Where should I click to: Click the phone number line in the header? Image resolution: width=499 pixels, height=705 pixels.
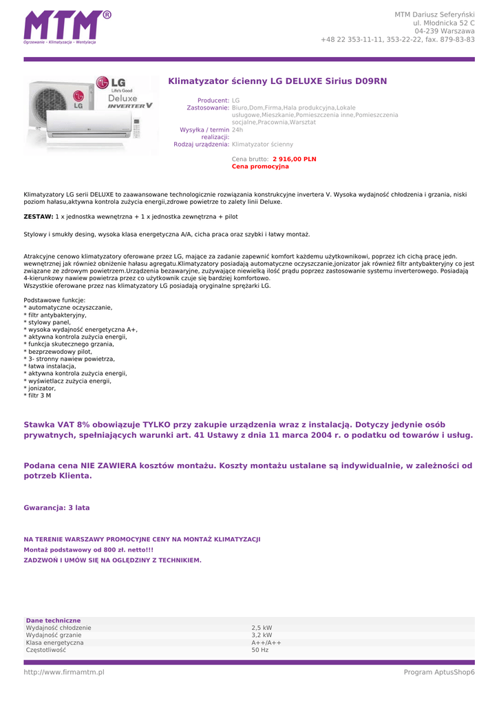397,39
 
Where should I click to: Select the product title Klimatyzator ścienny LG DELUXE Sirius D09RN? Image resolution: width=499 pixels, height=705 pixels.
277,81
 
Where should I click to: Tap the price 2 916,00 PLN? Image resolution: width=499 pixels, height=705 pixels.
294,159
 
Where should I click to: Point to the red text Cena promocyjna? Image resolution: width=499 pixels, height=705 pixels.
260,167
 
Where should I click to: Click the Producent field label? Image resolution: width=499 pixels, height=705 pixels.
213,101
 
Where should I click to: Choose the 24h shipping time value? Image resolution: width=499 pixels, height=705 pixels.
237,129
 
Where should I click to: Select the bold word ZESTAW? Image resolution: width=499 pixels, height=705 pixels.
38,217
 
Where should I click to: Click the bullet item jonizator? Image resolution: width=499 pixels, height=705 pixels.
41,388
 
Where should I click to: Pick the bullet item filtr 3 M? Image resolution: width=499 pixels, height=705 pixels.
39,396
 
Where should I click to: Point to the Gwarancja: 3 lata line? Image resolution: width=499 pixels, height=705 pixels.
56,508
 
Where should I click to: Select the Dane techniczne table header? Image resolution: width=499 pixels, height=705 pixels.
53,620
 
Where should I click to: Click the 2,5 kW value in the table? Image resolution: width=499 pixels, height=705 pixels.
262,628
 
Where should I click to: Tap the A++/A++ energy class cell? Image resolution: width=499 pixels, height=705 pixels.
266,642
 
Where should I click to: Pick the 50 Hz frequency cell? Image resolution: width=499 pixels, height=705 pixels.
259,650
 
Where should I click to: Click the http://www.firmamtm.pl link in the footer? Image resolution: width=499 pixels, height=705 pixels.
63,672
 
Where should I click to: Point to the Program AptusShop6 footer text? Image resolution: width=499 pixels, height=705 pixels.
439,672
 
